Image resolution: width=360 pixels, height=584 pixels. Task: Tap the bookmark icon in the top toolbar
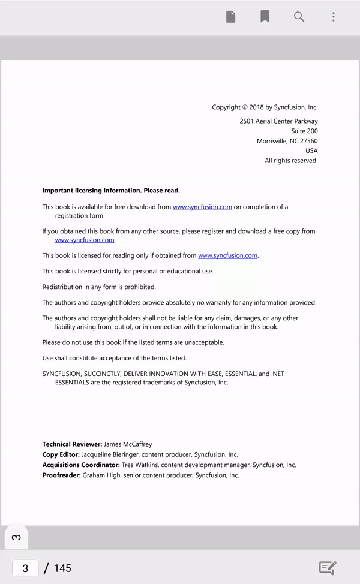pyautogui.click(x=265, y=17)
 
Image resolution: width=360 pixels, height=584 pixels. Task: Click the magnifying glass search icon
pyautogui.click(x=299, y=17)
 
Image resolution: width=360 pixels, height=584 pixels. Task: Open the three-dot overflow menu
pyautogui.click(x=334, y=17)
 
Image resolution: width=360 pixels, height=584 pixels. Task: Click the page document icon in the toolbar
pyautogui.click(x=230, y=17)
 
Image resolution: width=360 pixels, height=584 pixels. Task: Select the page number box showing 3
pyautogui.click(x=25, y=568)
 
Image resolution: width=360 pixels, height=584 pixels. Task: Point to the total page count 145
pyautogui.click(x=62, y=568)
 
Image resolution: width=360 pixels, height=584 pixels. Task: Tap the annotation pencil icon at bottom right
pyautogui.click(x=328, y=568)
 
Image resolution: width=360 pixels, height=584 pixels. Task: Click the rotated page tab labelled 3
pyautogui.click(x=16, y=537)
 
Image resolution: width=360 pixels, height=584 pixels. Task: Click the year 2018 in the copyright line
pyautogui.click(x=257, y=107)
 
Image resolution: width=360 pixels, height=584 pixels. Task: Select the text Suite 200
pyautogui.click(x=304, y=131)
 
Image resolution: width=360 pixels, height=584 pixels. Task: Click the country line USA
pyautogui.click(x=311, y=151)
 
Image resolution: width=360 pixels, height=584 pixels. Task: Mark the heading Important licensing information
pyautogui.click(x=111, y=191)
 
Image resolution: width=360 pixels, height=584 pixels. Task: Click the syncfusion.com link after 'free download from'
pyautogui.click(x=202, y=207)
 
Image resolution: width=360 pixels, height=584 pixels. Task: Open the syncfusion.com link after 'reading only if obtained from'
pyautogui.click(x=227, y=255)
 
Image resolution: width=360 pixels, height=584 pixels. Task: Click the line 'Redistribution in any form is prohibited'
pyautogui.click(x=99, y=287)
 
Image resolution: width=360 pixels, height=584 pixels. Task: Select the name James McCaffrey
pyautogui.click(x=128, y=444)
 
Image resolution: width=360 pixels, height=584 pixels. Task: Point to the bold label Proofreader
pyautogui.click(x=61, y=475)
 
